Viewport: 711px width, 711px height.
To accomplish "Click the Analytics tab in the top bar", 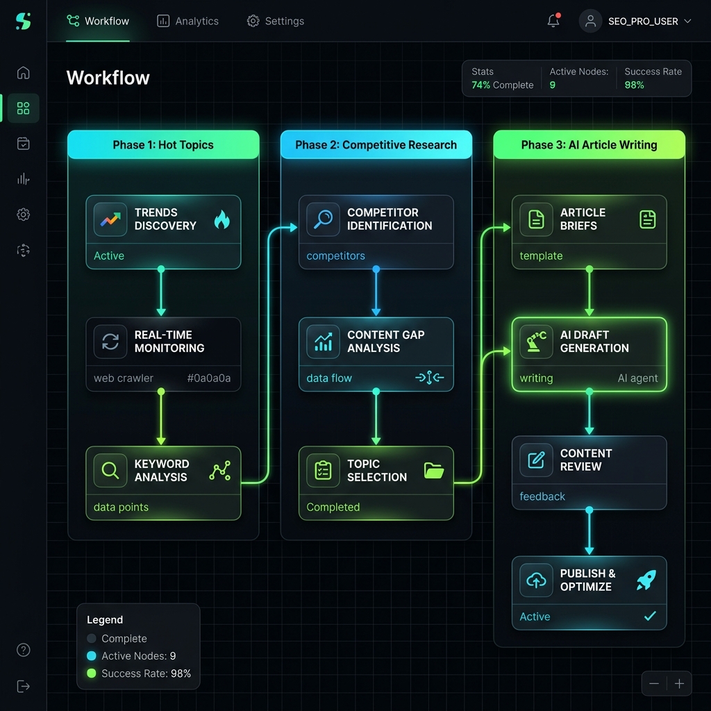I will [x=188, y=22].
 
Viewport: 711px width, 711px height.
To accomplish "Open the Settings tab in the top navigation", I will [x=276, y=22].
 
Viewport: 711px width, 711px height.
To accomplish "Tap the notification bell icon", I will [x=553, y=21].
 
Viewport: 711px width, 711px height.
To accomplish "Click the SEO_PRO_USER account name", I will [x=643, y=22].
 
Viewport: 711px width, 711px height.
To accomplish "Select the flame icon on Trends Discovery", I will [x=221, y=219].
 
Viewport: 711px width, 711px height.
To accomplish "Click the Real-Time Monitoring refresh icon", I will [x=110, y=342].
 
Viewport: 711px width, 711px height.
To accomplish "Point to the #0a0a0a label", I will [x=209, y=378].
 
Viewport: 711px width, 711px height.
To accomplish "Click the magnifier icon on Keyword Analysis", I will [x=110, y=471].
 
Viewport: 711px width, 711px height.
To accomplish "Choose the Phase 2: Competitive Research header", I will [x=376, y=145].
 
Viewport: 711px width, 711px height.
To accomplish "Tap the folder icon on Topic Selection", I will [x=434, y=471].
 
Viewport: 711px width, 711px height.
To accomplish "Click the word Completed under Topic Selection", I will [x=333, y=508].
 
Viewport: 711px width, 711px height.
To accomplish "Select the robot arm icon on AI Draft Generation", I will [x=536, y=342].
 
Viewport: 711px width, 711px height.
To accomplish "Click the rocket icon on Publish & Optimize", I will [x=646, y=580].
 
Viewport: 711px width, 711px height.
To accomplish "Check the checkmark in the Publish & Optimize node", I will [x=650, y=617].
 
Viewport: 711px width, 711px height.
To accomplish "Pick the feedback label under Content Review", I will [x=542, y=496].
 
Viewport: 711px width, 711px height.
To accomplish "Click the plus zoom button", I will [x=679, y=684].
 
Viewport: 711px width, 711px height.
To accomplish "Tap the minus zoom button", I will [x=654, y=684].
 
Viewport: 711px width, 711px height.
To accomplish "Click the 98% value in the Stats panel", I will [x=634, y=85].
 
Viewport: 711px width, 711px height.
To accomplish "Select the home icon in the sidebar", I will [x=24, y=73].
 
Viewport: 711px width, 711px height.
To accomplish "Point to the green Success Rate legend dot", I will [x=92, y=674].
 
